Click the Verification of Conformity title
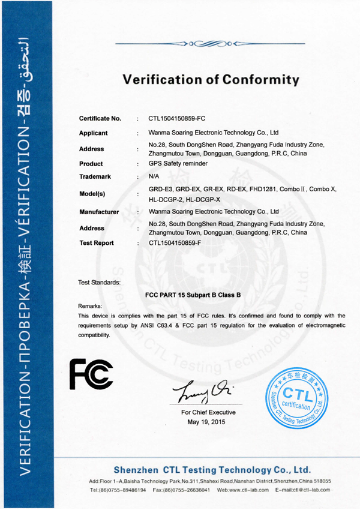point(211,79)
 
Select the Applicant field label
point(94,133)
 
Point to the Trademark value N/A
point(154,176)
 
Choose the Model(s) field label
point(92,194)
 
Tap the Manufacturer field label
point(99,212)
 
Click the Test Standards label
point(100,281)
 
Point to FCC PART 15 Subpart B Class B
point(193,295)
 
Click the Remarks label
point(91,306)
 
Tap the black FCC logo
point(91,375)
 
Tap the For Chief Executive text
point(208,412)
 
